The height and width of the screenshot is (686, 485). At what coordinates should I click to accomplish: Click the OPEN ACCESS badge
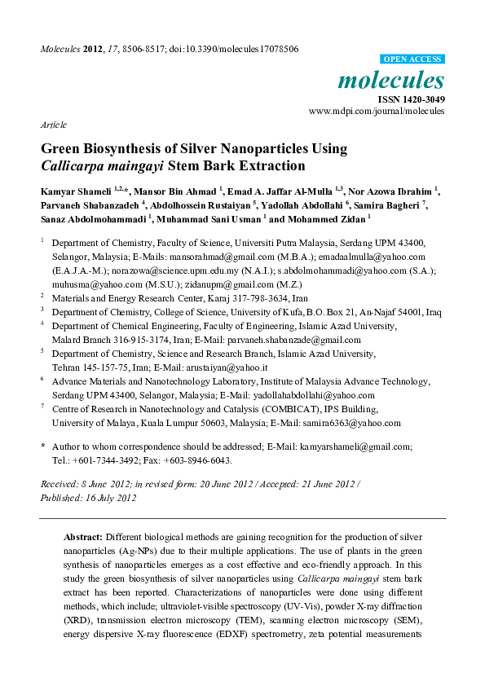pos(413,59)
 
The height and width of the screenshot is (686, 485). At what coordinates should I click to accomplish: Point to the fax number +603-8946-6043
pos(197,460)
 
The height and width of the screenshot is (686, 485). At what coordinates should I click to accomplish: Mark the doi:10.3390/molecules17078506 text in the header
pos(236,50)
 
